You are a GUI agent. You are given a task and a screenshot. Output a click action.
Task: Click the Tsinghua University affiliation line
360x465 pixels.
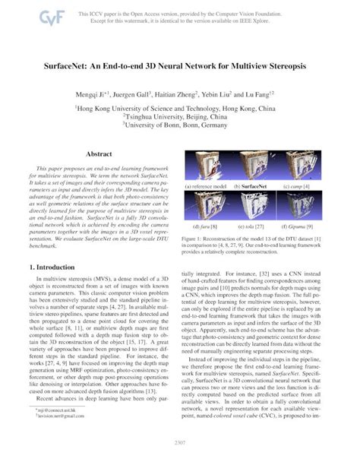[x=179, y=119]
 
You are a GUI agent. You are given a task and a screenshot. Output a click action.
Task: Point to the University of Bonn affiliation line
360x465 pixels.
[x=179, y=130]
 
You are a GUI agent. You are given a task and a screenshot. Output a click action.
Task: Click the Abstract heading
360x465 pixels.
[x=99, y=154]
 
